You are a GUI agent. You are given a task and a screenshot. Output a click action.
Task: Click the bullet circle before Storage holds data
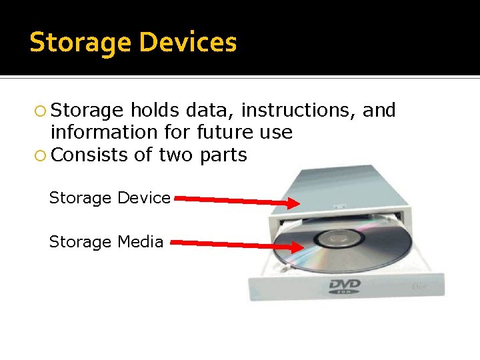click(41, 111)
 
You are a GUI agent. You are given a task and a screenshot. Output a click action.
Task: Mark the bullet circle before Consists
click(41, 155)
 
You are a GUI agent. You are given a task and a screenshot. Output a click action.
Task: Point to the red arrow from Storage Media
click(233, 245)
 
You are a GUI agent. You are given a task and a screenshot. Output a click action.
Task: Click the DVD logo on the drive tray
click(345, 287)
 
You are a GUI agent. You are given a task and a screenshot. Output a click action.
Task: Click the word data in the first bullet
click(213, 110)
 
